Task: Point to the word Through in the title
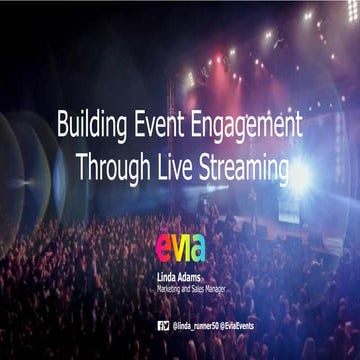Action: (x=111, y=162)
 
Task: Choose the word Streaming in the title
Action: (x=243, y=162)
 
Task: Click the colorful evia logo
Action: (x=180, y=247)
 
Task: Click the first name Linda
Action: (x=169, y=271)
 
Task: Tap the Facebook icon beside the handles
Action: (x=160, y=326)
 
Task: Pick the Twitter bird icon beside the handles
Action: (x=167, y=326)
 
